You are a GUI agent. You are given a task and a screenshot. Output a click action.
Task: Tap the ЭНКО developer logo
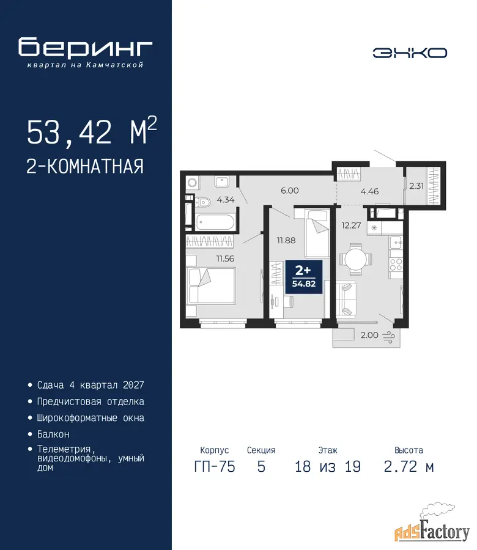pyautogui.click(x=410, y=53)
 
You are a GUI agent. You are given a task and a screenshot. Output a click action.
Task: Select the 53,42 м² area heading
pyautogui.click(x=92, y=131)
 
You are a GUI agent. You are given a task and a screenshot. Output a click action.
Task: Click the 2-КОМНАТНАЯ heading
pyautogui.click(x=85, y=166)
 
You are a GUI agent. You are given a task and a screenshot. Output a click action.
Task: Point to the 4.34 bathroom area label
pyautogui.click(x=225, y=200)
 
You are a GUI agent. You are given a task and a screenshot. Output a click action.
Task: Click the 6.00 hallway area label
pyautogui.click(x=290, y=191)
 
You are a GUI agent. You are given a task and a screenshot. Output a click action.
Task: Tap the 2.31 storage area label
pyautogui.click(x=416, y=186)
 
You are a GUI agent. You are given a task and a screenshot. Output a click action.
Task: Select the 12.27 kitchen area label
pyautogui.click(x=351, y=225)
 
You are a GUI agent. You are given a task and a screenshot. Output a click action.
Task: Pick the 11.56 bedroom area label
pyautogui.click(x=225, y=258)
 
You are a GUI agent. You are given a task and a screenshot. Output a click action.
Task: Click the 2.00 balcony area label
pyautogui.click(x=369, y=335)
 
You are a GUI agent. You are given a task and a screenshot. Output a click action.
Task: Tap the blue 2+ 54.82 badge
pyautogui.click(x=303, y=277)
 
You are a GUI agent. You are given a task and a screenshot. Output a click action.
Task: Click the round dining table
pyautogui.click(x=355, y=259)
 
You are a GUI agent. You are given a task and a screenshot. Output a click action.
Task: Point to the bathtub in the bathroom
pyautogui.click(x=215, y=222)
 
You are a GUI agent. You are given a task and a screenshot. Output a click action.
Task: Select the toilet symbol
pyautogui.click(x=202, y=202)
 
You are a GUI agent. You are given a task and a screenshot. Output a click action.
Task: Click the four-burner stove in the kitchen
pyautogui.click(x=396, y=264)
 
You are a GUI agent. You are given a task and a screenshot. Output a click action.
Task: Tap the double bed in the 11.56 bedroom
pyautogui.click(x=211, y=285)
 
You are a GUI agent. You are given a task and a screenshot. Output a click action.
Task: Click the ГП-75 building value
pyautogui.click(x=215, y=466)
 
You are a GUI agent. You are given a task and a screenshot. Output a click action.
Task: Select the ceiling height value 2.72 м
pyautogui.click(x=409, y=466)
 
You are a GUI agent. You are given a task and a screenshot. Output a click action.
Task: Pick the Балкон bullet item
pyautogui.click(x=53, y=435)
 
